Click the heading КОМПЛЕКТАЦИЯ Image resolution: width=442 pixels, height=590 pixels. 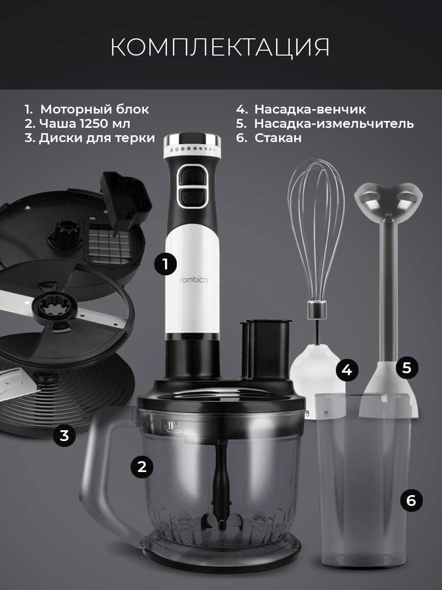(x=220, y=47)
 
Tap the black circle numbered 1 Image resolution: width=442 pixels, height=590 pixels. (x=166, y=264)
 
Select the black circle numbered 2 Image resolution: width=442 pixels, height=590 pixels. (x=142, y=467)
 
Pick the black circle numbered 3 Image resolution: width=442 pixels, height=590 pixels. (x=64, y=435)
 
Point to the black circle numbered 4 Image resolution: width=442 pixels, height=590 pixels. (x=347, y=370)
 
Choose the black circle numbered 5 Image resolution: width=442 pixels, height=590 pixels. (x=407, y=368)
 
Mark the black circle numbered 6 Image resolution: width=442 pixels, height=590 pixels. (x=411, y=501)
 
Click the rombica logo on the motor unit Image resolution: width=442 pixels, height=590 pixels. (x=194, y=280)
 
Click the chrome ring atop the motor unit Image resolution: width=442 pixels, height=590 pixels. (x=192, y=140)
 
